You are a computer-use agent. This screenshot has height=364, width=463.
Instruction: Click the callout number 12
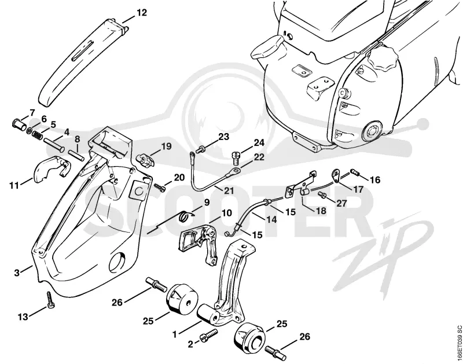point(142,13)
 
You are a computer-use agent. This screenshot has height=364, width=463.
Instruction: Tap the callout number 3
point(17,273)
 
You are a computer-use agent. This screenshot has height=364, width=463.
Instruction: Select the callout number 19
point(166,146)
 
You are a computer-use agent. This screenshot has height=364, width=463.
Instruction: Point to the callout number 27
point(342,203)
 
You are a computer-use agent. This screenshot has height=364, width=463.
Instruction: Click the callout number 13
point(23,317)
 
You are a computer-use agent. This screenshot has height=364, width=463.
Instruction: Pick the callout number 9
point(206,203)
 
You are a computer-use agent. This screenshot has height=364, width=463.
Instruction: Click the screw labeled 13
point(50,300)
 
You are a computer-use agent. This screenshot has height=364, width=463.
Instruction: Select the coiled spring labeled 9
point(184,216)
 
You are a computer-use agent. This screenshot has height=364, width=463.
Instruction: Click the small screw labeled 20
point(159,186)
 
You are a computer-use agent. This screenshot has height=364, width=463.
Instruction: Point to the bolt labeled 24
point(236,158)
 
